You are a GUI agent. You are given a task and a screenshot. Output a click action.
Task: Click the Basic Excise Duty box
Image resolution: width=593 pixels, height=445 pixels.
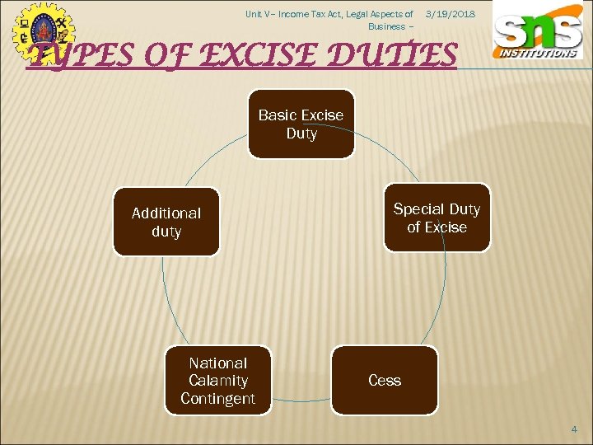coord(301,124)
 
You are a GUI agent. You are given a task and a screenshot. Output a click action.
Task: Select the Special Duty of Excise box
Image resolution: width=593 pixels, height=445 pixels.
coord(437,218)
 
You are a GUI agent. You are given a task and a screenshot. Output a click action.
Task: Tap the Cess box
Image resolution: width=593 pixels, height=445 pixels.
coord(385,380)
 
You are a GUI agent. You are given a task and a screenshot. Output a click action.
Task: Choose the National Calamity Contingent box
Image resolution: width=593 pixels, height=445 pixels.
coord(218,380)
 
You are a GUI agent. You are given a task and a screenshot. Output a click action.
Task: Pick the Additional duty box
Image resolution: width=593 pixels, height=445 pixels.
coord(166,222)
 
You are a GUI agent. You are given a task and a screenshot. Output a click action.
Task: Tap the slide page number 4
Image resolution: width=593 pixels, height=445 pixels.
coord(576,429)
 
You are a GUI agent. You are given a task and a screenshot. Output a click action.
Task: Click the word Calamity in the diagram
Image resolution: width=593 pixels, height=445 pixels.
coord(218,381)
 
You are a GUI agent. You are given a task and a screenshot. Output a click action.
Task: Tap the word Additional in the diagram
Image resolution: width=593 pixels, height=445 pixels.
coord(166,213)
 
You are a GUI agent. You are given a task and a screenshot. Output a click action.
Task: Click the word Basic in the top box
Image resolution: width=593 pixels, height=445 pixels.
coord(276,115)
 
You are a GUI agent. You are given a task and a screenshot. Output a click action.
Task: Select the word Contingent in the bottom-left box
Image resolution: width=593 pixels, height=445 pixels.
coord(218,399)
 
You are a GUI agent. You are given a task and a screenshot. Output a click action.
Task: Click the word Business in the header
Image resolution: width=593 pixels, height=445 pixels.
coord(385,26)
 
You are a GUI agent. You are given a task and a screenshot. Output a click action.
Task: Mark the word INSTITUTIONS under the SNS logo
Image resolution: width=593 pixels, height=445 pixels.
coord(537,53)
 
